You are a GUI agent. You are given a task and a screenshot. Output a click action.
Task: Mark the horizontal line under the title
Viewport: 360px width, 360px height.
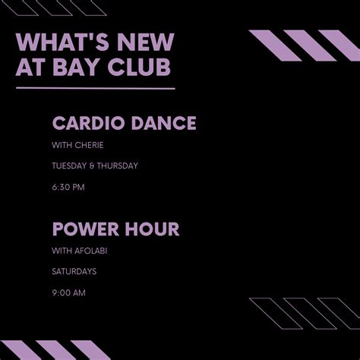[95, 89]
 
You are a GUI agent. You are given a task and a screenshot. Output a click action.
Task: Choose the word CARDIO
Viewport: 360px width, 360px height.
[84, 123]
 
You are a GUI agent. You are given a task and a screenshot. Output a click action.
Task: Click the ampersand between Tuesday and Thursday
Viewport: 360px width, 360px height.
[95, 166]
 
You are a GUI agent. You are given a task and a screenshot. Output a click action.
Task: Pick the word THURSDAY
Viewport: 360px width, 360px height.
[119, 166]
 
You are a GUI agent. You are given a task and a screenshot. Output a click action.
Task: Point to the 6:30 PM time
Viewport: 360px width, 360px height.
[68, 186]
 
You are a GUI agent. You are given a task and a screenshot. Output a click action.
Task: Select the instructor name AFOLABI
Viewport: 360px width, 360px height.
[93, 250]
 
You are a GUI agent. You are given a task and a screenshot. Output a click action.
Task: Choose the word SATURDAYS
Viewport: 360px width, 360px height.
[74, 270]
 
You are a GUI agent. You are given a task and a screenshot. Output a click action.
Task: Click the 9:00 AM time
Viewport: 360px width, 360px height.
[68, 291]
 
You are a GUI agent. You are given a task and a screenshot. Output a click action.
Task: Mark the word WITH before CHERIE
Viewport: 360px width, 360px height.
[62, 145]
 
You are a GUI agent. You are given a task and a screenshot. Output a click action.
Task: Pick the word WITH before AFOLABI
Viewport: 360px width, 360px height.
[62, 250]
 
